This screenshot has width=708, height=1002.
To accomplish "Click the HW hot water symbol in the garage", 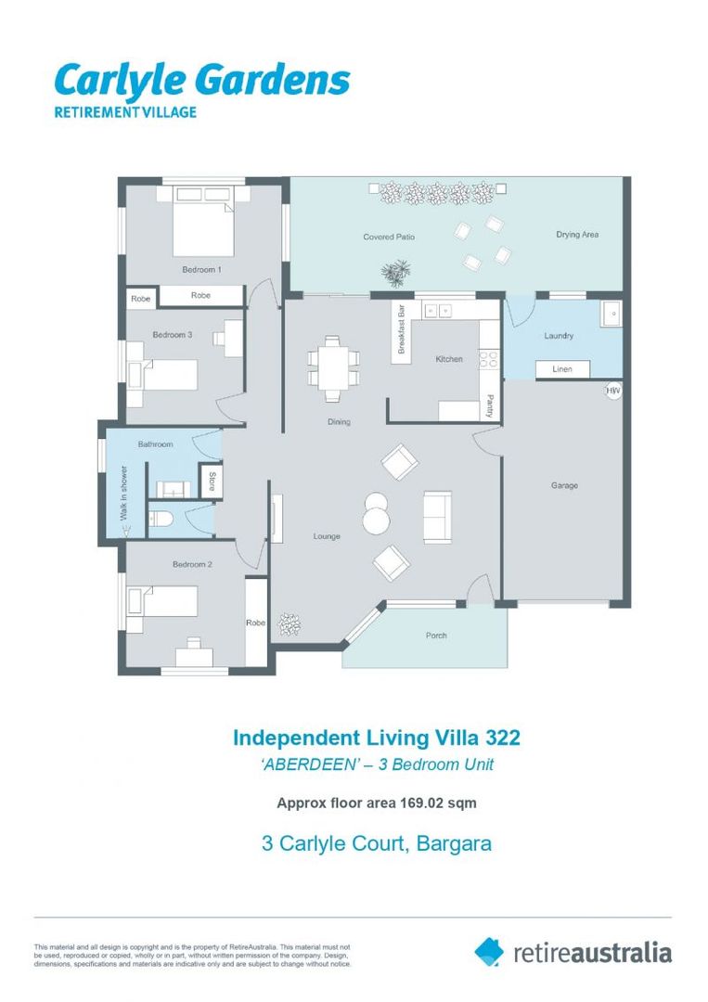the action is coord(612,391).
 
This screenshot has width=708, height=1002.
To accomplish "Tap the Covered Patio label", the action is coord(389,237).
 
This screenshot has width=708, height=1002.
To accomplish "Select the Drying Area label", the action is coord(577,235).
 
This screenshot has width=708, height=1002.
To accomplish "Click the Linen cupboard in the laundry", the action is coord(562,368).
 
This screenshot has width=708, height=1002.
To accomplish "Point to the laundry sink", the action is coord(611,314).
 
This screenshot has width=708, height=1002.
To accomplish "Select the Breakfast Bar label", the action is coord(401,329).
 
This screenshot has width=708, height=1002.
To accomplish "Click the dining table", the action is coord(333,369).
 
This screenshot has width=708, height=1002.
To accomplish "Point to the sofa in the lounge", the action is coord(438,517).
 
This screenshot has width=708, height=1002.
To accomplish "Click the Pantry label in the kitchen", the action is coord(490,406).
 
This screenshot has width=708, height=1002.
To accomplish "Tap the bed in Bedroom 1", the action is coord(203,221).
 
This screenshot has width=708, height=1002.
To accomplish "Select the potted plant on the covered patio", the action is coord(396,273).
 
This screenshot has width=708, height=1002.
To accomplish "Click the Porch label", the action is coord(436,636).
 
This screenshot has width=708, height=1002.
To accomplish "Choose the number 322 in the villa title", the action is coord(503,738).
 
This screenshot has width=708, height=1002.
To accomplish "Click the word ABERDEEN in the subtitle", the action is coord(310,764).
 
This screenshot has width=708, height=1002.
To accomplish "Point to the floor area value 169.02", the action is coord(421,803).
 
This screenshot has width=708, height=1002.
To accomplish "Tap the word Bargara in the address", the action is coord(454,843).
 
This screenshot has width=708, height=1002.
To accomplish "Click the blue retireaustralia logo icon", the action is coord(489,952).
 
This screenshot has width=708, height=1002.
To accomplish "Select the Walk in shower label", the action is coord(124,493).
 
